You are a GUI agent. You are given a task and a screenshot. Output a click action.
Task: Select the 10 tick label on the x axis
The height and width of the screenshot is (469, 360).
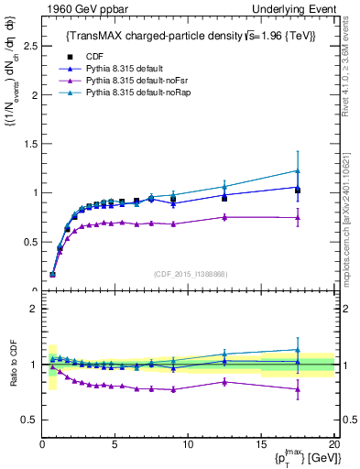click(187, 445)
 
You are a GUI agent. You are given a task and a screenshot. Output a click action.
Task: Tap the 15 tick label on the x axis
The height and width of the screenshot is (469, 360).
click(260, 445)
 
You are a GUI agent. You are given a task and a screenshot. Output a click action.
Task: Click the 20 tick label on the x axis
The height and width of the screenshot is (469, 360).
click(333, 445)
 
